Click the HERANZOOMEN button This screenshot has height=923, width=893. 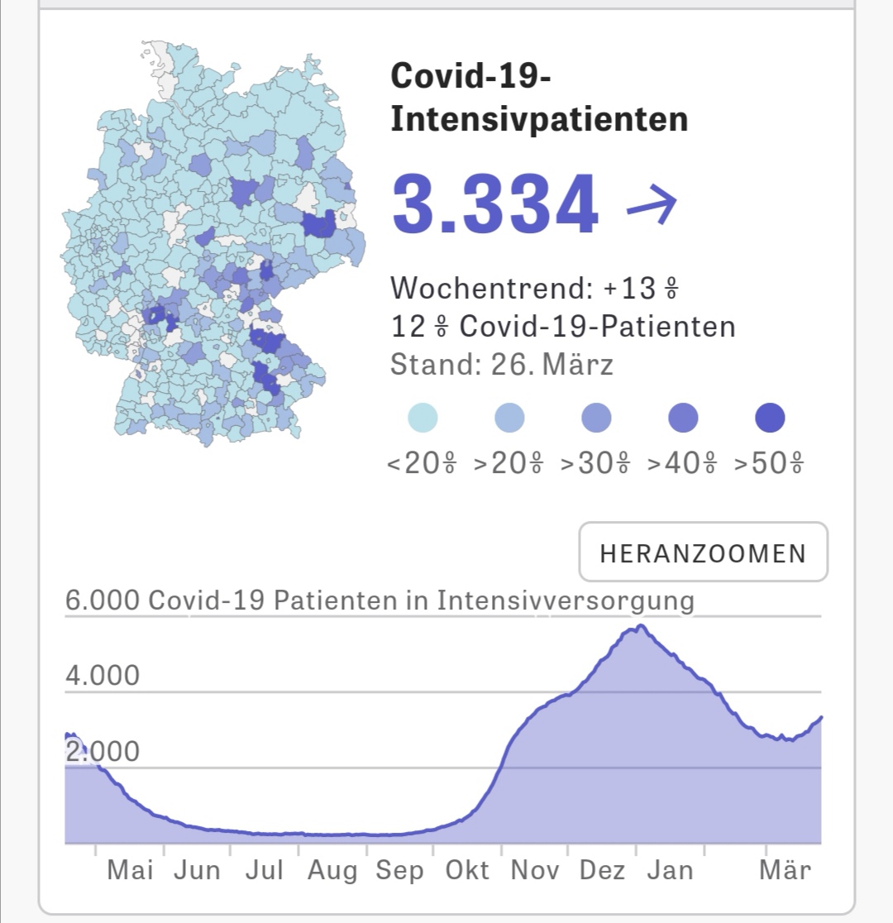coord(703,552)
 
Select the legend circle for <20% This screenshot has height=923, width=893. coord(423,418)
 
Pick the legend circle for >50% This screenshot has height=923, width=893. coord(770,418)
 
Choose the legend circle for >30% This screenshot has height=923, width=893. coord(596,418)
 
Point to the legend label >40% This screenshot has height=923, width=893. coord(682,463)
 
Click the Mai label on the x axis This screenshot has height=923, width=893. coord(131,871)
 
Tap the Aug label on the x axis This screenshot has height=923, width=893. coord(332,871)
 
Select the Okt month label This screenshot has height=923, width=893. coord(467,871)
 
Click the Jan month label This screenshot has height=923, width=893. coord(669,871)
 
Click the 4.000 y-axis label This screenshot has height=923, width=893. coord(103,677)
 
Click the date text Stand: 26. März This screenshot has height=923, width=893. coord(502,365)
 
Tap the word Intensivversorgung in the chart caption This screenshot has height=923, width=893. coord(566,600)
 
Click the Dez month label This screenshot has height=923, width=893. coord(603,871)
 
